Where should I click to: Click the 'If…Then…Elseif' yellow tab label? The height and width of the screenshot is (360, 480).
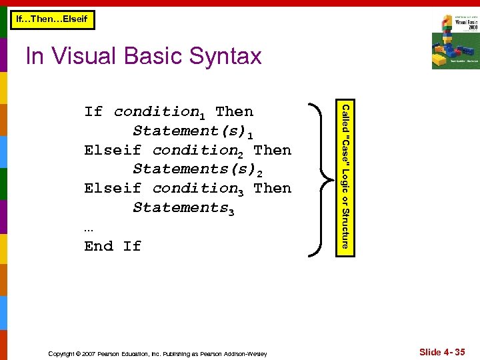coord(52,20)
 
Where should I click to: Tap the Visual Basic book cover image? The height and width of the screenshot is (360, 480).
coord(455,41)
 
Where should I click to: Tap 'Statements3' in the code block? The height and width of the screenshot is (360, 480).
coord(184,208)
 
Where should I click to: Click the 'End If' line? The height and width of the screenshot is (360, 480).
coord(113,246)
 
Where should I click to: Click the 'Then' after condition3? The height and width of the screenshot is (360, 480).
coord(273,188)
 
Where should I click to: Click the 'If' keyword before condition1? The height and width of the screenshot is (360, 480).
coord(93,111)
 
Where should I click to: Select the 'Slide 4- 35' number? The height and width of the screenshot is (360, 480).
coord(442,352)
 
